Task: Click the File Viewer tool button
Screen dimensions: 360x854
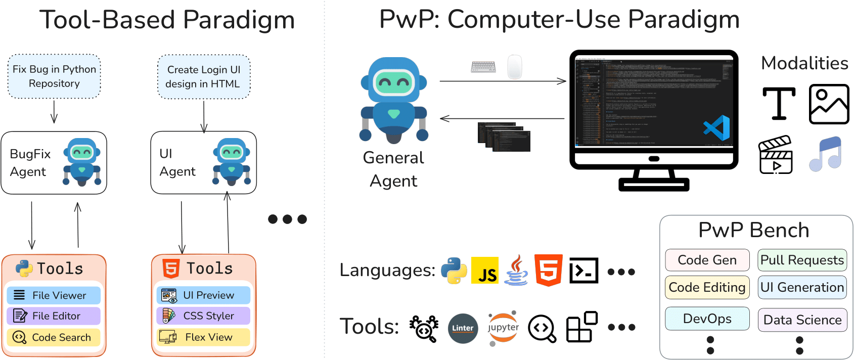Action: tap(54, 295)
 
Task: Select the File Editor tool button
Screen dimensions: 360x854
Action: tap(54, 316)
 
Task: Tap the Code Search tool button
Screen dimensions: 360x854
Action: tap(54, 337)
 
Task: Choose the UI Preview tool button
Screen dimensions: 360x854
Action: tap(203, 295)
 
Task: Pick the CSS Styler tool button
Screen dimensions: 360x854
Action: tap(203, 316)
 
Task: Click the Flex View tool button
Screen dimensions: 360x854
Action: tap(203, 337)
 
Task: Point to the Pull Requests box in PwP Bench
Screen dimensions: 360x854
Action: tap(802, 260)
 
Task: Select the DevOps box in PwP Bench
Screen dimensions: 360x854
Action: tap(707, 319)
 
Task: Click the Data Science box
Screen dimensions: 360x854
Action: tap(802, 320)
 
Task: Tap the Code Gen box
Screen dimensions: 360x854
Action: tap(707, 260)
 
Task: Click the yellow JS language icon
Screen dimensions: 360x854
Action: tap(484, 271)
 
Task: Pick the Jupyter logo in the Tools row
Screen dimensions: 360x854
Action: tap(503, 328)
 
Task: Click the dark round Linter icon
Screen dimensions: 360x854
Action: tap(463, 328)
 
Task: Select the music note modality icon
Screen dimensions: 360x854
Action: tap(826, 154)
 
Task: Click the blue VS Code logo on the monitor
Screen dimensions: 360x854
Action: tap(717, 128)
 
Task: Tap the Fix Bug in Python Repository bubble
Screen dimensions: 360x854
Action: tap(54, 76)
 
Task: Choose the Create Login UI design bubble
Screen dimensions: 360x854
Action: tap(203, 77)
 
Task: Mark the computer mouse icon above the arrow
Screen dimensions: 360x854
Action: tap(514, 67)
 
